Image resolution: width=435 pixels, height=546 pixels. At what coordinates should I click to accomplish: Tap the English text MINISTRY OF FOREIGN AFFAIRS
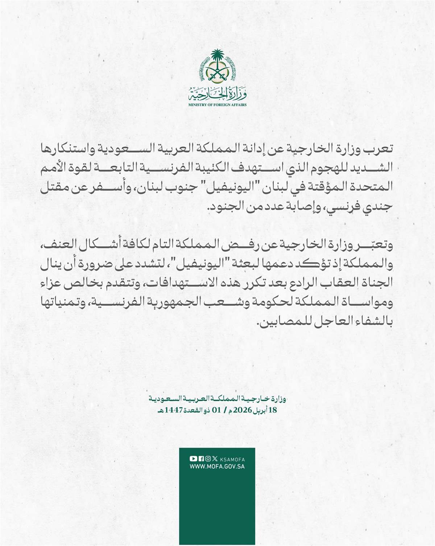pyautogui.click(x=217, y=105)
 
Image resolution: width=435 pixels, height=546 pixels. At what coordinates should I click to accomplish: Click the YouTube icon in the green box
pyautogui.click(x=193, y=459)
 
